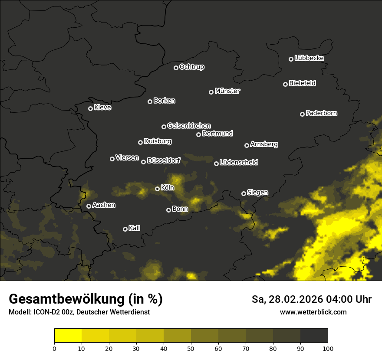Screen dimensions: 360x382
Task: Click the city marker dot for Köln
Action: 157,189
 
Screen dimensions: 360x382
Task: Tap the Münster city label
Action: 227,91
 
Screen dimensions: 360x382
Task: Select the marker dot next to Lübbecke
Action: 291,59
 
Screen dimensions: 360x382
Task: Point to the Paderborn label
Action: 321,113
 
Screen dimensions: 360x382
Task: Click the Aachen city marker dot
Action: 89,206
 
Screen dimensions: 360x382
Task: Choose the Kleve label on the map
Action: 102,108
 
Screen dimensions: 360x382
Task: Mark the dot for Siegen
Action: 244,193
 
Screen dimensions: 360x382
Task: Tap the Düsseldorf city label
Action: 164,161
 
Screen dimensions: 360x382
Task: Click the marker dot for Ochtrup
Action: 176,68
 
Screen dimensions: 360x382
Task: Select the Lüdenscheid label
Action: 239,163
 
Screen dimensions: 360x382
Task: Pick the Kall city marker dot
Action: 125,229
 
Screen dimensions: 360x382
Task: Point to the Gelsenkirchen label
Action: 189,126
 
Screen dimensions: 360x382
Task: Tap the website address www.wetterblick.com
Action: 313,312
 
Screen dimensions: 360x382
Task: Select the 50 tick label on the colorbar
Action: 191,348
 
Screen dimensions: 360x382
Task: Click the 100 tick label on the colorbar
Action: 328,348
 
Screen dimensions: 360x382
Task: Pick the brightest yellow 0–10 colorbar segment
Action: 68,336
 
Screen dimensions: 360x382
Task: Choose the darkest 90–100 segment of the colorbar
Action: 314,336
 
